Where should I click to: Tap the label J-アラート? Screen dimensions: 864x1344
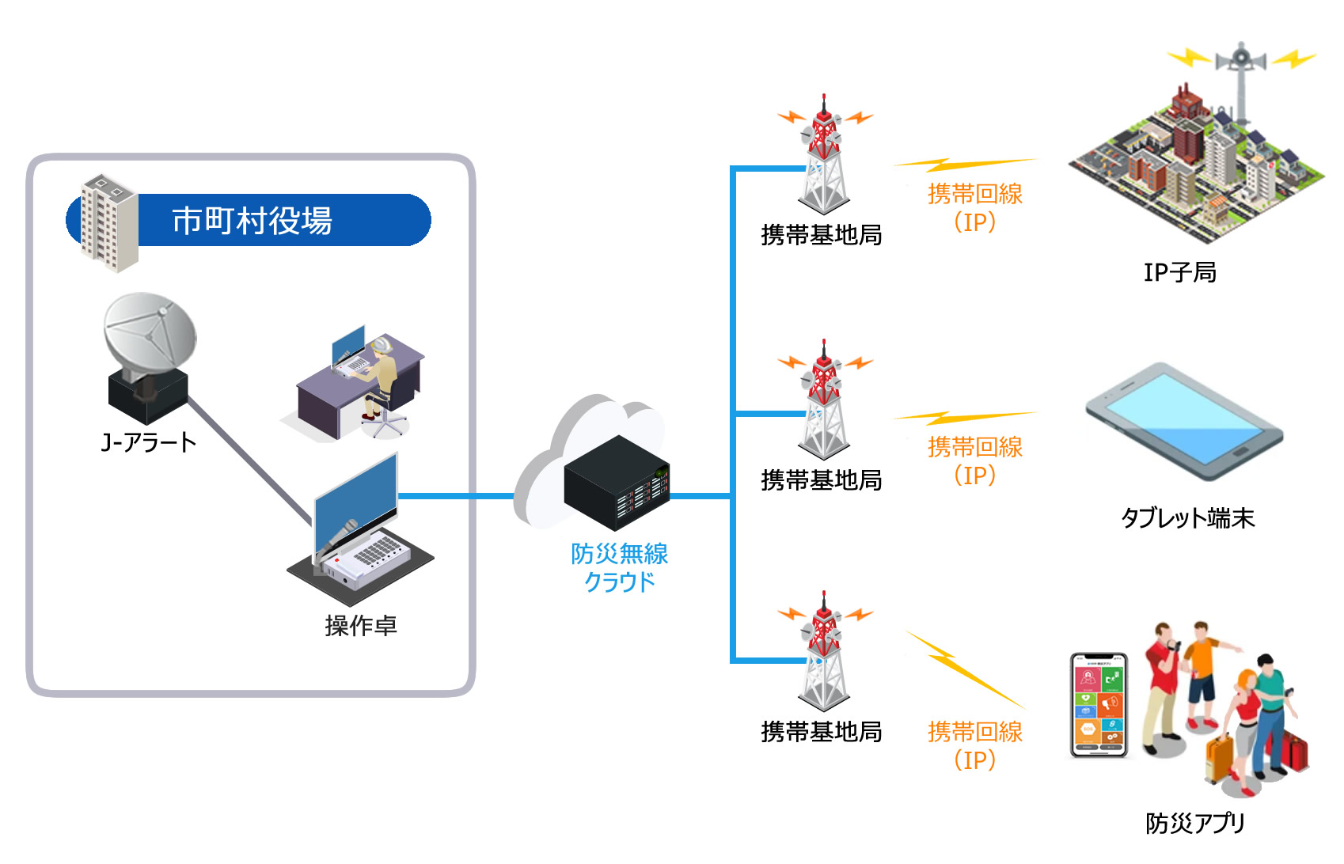pyautogui.click(x=149, y=442)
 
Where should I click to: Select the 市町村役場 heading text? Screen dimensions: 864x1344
pyautogui.click(x=252, y=221)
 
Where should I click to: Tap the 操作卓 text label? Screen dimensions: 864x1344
pyautogui.click(x=361, y=626)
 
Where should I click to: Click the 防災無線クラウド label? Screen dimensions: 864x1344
pyautogui.click(x=620, y=567)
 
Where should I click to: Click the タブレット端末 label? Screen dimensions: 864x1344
pyautogui.click(x=1187, y=518)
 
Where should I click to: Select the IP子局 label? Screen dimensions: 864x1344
pyautogui.click(x=1179, y=272)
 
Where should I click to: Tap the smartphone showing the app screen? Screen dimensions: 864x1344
pyautogui.click(x=1099, y=704)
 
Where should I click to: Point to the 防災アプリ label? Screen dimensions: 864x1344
pyautogui.click(x=1195, y=824)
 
